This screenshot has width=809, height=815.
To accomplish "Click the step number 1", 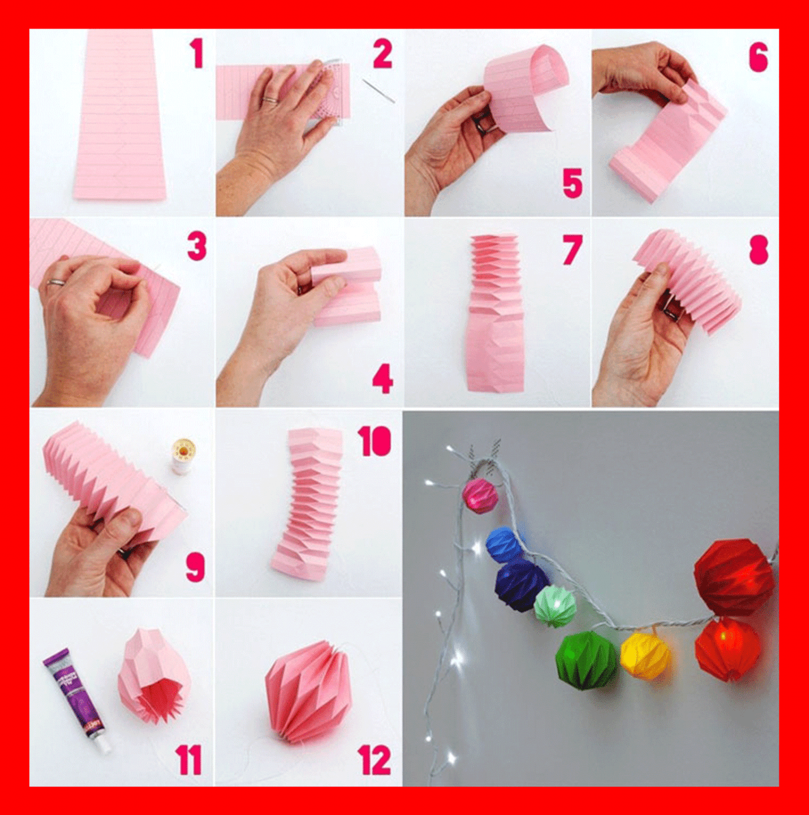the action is (197, 54).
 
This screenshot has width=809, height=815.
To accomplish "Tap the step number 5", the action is (572, 183).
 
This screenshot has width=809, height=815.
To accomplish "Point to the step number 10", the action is (375, 441).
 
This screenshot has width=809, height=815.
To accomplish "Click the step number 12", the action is (374, 760).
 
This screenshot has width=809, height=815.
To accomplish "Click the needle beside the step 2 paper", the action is (379, 90).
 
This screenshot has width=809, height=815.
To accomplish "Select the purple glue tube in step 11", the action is (76, 701).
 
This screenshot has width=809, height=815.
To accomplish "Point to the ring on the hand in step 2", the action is (271, 101).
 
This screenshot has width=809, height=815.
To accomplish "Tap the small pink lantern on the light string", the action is (480, 495).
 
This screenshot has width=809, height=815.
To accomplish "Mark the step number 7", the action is (572, 250).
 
